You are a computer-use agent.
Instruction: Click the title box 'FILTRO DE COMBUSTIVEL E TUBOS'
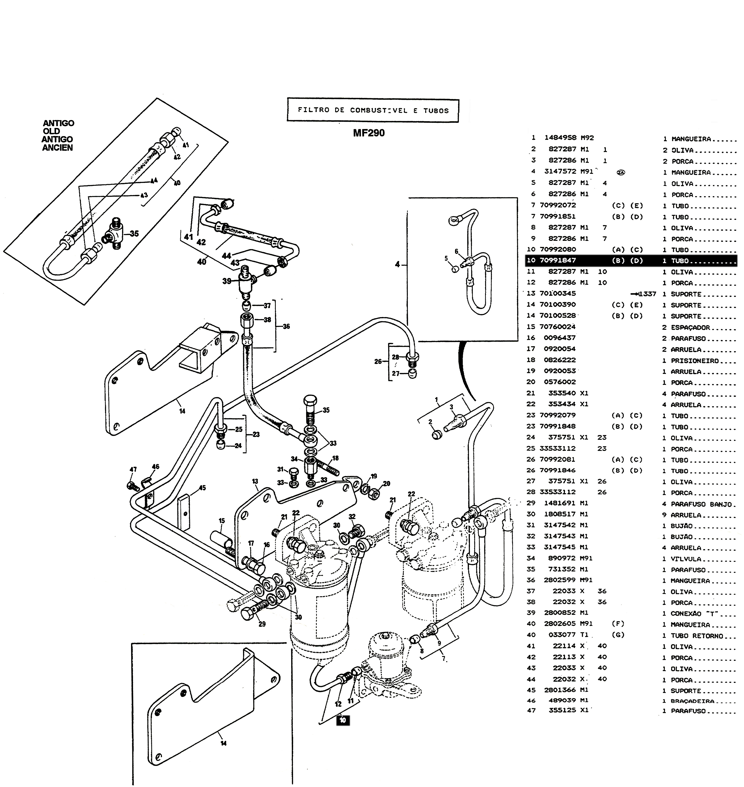[373, 110]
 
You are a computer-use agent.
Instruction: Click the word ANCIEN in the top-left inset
[57, 148]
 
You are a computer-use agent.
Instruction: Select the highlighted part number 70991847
[558, 260]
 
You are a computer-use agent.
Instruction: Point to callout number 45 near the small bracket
[202, 488]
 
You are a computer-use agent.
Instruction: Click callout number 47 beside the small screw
[133, 469]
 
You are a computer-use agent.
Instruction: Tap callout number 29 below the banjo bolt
[262, 624]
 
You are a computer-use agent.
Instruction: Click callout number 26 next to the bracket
[378, 362]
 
